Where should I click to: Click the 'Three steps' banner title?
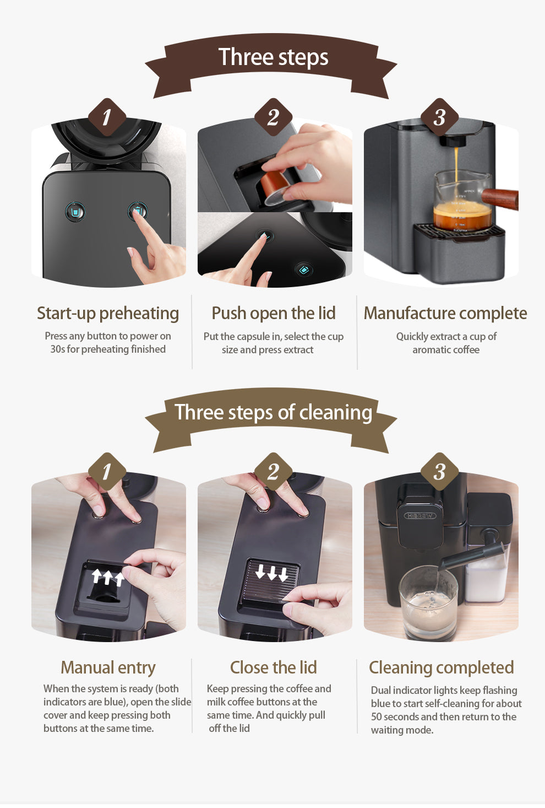tap(273, 57)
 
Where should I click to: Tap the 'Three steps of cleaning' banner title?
tap(273, 412)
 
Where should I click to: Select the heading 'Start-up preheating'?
tap(108, 313)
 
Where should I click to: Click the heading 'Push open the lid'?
tap(273, 313)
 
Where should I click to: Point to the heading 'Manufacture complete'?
tap(445, 313)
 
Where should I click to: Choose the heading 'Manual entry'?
tap(108, 667)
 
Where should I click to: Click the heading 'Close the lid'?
tap(273, 667)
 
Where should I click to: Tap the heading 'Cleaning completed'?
tap(441, 667)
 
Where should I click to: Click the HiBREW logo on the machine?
tap(420, 516)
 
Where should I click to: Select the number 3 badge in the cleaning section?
tap(439, 472)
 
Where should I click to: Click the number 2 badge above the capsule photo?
tap(273, 117)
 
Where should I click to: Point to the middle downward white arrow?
tap(272, 573)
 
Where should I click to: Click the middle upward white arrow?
tap(108, 577)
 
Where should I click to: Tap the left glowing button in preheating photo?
tap(75, 211)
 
